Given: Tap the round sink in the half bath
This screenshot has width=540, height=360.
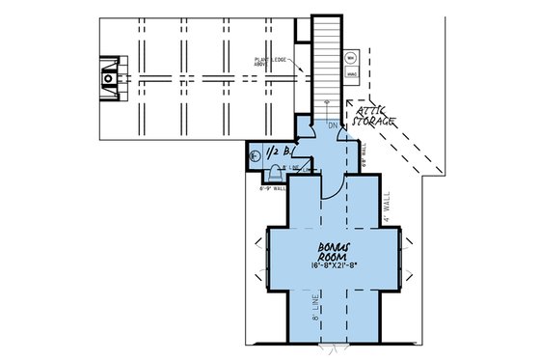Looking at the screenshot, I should coord(256,154).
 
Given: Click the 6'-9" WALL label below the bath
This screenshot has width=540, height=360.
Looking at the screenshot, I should coord(274,189).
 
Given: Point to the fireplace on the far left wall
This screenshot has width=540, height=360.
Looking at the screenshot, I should coord(111,75).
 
